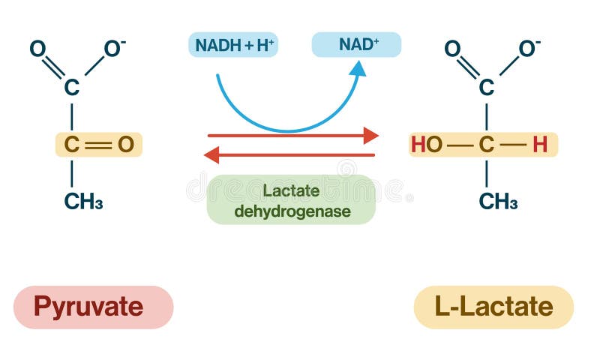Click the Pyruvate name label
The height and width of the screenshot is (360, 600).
click(94, 307)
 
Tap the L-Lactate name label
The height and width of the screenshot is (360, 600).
click(493, 307)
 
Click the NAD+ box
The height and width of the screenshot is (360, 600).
click(356, 44)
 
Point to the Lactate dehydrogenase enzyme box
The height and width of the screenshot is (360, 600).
click(291, 200)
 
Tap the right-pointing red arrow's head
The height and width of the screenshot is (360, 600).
click(370, 136)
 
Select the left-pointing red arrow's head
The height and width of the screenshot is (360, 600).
click(212, 155)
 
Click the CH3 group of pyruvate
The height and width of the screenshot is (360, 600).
click(83, 201)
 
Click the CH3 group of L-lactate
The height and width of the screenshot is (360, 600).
click(498, 201)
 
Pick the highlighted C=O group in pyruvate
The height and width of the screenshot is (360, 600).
click(98, 145)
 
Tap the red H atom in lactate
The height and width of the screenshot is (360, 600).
click(540, 145)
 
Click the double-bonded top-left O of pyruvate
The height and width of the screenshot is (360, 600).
click(37, 49)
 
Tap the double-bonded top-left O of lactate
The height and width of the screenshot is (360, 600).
click(452, 49)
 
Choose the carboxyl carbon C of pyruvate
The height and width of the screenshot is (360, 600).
click(71, 88)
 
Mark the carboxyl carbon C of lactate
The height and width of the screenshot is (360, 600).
click(487, 88)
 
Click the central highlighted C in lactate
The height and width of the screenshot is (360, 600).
click(487, 145)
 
